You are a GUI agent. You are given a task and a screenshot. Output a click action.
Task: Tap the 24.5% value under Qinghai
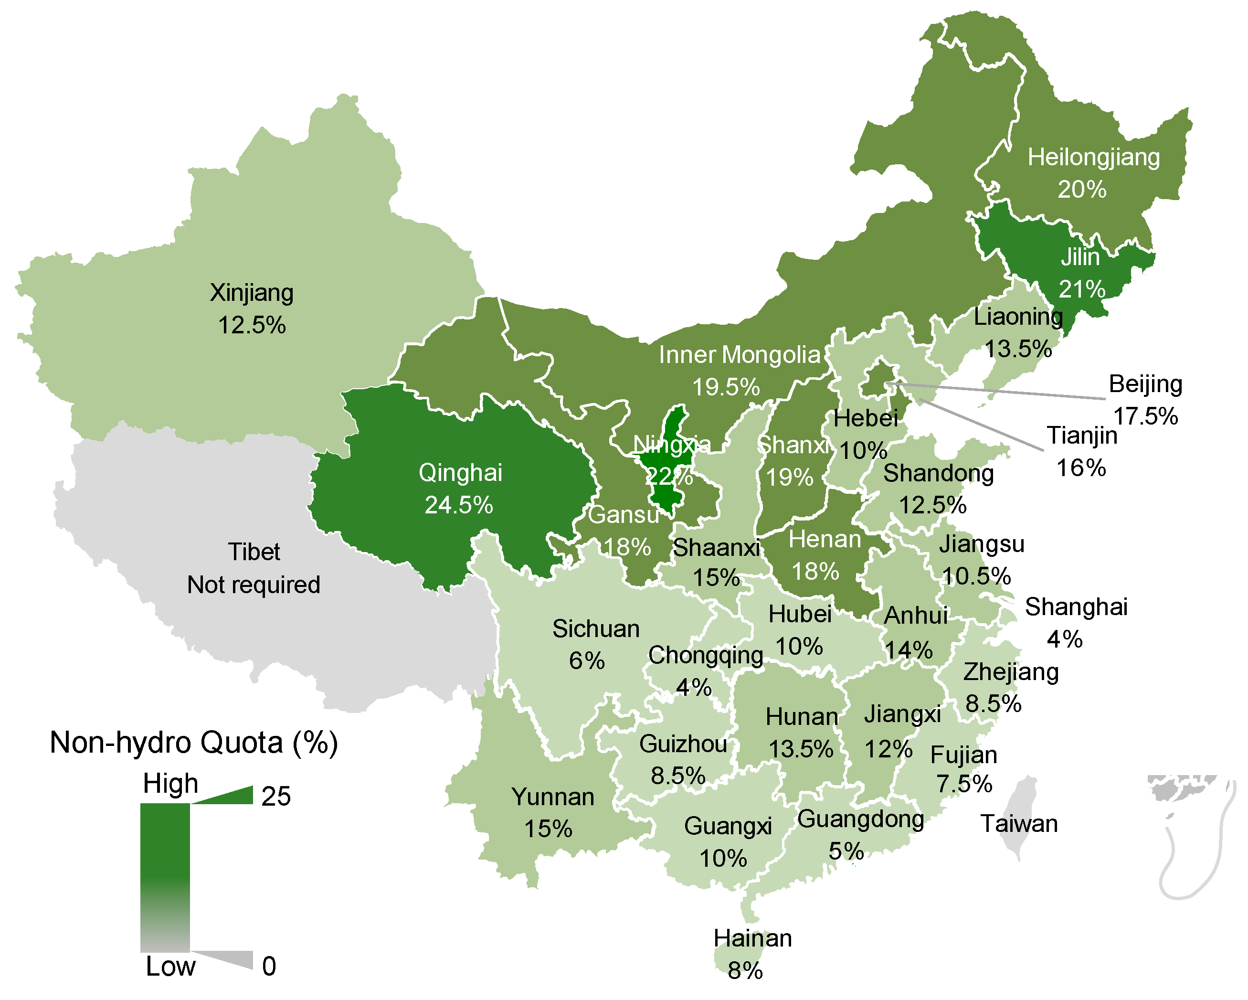point(458,505)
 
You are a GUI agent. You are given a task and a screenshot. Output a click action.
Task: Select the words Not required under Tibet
point(254,585)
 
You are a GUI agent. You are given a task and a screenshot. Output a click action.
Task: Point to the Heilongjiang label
point(1093,158)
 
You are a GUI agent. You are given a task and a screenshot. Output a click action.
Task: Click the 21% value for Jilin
point(1082,289)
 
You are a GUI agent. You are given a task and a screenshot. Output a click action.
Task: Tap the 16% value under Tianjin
point(1081,468)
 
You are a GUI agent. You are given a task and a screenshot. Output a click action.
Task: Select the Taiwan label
point(1019,824)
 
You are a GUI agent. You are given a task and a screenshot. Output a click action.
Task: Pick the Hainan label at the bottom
point(752,938)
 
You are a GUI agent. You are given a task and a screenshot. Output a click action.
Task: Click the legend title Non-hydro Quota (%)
point(194,743)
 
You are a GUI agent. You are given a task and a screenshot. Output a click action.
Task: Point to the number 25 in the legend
point(275,797)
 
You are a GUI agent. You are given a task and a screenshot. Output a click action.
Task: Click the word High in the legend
point(171,784)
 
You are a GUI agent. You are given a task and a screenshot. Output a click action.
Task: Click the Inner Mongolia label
point(739,355)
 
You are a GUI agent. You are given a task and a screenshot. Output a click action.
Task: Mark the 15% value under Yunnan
point(548,829)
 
